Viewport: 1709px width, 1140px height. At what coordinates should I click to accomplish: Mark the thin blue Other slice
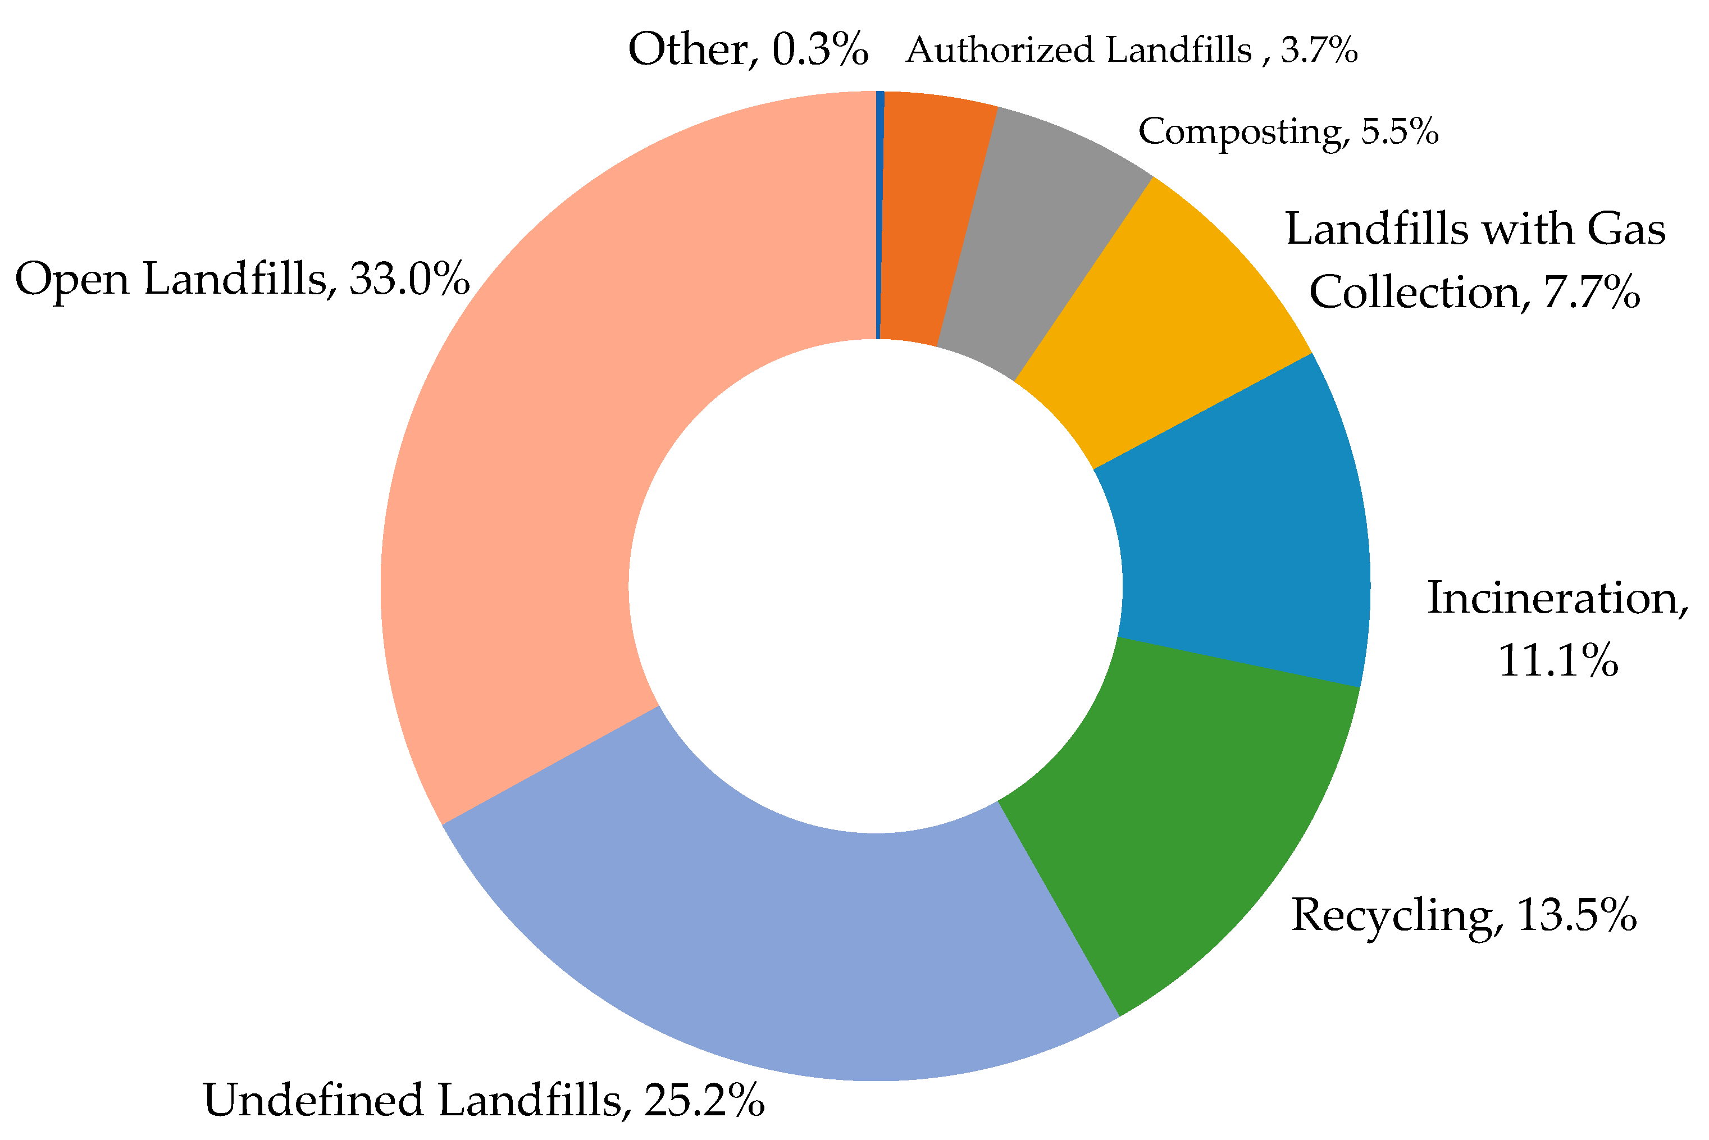point(879,218)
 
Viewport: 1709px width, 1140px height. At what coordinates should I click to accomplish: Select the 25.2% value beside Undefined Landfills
point(704,1100)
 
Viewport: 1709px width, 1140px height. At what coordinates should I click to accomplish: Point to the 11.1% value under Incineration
point(1558,661)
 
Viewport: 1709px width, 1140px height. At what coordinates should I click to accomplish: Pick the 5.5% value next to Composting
point(1400,131)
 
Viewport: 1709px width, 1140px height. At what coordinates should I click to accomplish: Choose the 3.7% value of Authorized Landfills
point(1319,51)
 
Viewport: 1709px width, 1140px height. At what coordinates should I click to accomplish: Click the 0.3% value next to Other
point(820,50)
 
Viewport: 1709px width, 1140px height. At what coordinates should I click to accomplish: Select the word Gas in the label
point(1625,229)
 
